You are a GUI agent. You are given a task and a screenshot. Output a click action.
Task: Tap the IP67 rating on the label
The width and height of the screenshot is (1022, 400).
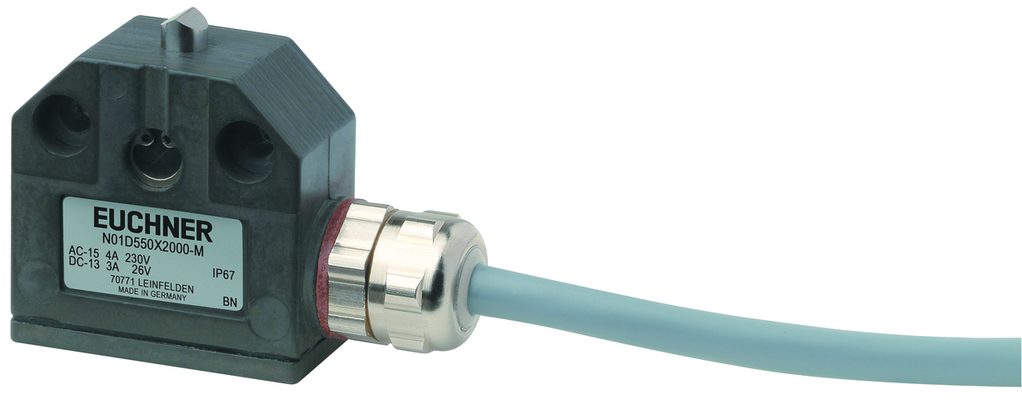click(223, 275)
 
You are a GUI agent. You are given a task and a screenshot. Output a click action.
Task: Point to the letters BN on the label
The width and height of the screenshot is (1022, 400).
click(231, 302)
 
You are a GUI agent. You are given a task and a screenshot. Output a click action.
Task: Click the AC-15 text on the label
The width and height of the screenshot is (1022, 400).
click(84, 252)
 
